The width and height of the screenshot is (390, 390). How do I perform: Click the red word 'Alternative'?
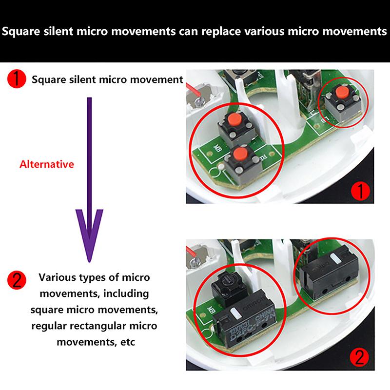click(47, 164)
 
